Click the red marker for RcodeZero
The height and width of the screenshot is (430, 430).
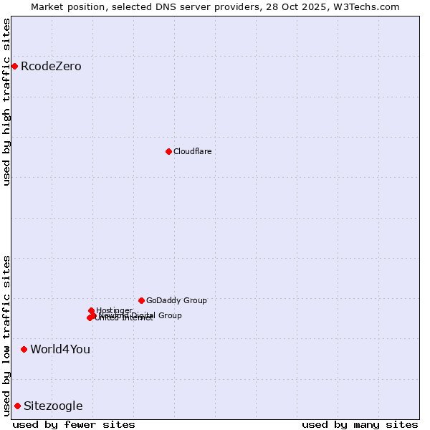(x=14, y=67)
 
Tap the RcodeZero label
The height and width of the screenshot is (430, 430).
(x=51, y=67)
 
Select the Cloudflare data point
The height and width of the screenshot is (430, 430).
(x=168, y=151)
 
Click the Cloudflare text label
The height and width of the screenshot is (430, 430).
(x=192, y=151)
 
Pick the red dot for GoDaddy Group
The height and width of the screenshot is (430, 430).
(x=141, y=300)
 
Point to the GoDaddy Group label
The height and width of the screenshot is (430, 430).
(x=176, y=300)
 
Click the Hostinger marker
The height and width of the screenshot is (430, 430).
(x=91, y=310)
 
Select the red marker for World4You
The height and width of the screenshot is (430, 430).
(x=24, y=349)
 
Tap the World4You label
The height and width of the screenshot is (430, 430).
(x=60, y=349)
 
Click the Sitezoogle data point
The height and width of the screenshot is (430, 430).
(x=17, y=406)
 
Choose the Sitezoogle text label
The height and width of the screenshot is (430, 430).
(x=53, y=406)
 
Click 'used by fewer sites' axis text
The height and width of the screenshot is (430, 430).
(x=74, y=424)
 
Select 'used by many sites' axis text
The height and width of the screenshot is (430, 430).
(x=360, y=424)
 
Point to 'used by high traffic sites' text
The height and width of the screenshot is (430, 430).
(x=7, y=102)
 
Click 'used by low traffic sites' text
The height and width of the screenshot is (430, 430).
(x=7, y=335)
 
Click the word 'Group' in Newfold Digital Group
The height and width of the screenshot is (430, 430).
(x=169, y=315)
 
